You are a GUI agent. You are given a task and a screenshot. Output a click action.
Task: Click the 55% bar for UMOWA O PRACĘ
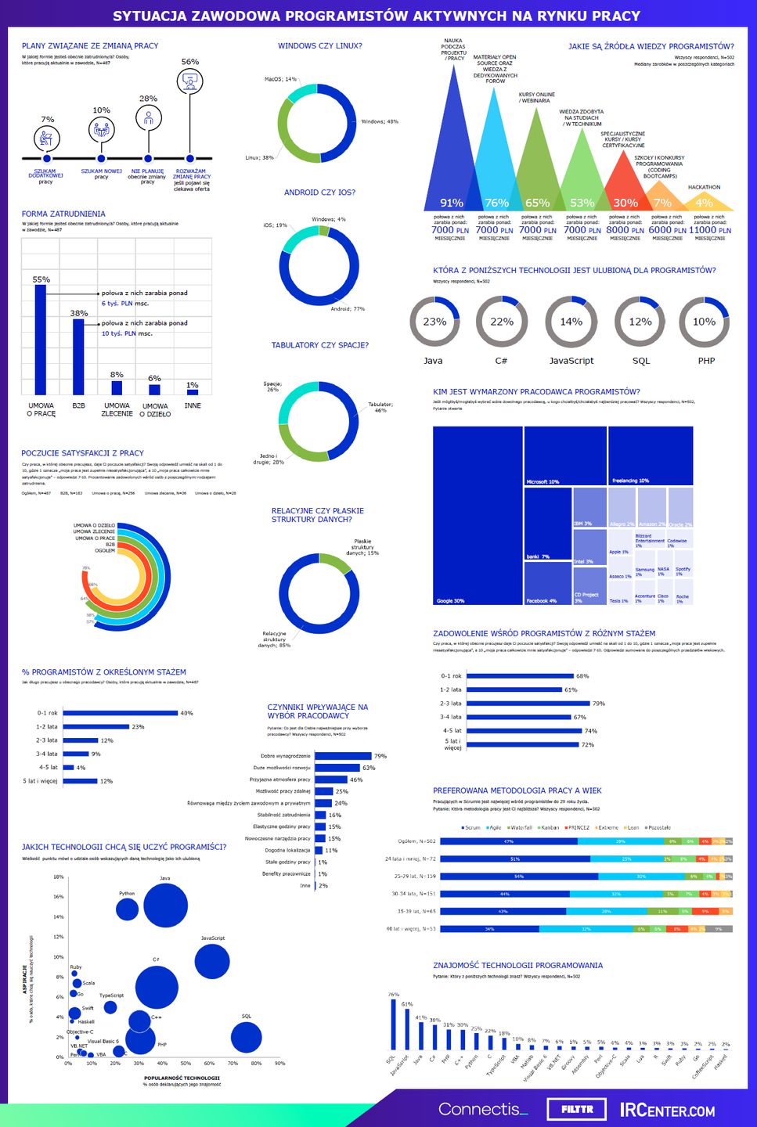tap(40, 340)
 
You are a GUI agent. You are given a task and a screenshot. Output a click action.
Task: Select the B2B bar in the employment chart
tap(78, 357)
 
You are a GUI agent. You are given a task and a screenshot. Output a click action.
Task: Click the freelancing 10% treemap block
tap(651, 455)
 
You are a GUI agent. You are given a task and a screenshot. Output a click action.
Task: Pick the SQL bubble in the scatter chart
tap(246, 1038)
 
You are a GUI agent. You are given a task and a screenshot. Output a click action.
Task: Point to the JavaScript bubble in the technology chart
tap(211, 962)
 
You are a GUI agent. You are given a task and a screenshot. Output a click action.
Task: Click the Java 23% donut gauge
tap(434, 322)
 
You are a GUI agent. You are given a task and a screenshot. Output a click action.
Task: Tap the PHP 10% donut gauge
tap(704, 322)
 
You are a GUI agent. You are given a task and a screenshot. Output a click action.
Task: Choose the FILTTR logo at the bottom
tap(577, 1109)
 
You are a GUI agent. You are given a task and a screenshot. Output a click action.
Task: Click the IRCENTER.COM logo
tap(667, 1110)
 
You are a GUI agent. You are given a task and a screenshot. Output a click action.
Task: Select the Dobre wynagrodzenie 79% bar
tap(343, 756)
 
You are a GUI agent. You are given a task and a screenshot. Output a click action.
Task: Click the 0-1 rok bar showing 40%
tap(121, 713)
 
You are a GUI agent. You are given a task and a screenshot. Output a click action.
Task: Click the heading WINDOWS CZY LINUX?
tap(319, 46)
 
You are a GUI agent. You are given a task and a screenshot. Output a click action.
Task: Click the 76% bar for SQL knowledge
tap(393, 1024)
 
